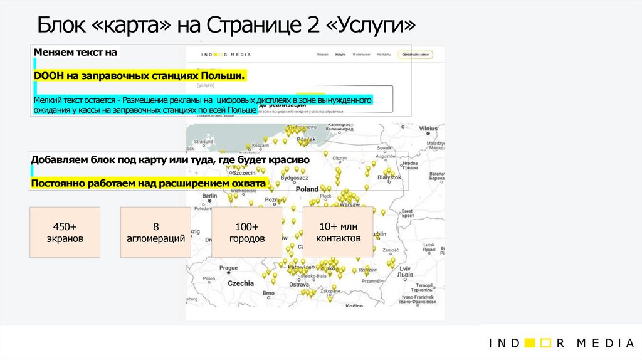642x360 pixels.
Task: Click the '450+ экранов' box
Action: coord(65,232)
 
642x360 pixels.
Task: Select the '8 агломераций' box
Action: coord(155,232)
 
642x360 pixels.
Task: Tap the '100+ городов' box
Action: coord(247,232)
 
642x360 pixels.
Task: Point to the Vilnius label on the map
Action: coord(428,129)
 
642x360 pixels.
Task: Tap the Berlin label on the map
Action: coord(209,196)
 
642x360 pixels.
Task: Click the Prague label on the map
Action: coord(228,268)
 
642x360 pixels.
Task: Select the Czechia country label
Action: coord(240,283)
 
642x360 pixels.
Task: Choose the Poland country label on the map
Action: coord(307,189)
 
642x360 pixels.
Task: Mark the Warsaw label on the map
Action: coord(349,205)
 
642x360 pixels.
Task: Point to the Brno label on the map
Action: coord(268,293)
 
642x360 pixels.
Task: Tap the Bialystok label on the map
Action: coord(389,177)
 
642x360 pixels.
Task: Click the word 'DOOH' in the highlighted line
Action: coord(45,76)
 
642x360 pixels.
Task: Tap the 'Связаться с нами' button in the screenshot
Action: coord(416,55)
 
